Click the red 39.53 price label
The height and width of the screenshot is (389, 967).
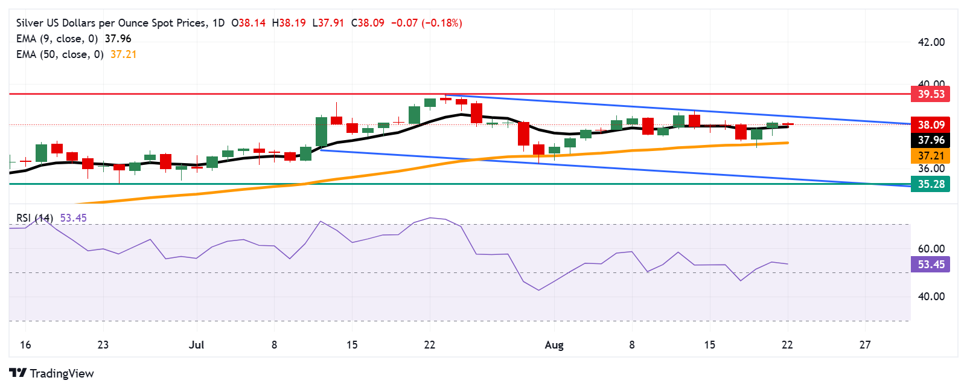(x=931, y=94)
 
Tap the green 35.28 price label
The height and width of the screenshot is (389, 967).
(x=931, y=184)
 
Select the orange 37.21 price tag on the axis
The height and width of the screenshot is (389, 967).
(x=931, y=156)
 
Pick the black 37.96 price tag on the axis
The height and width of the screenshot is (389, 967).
(x=931, y=140)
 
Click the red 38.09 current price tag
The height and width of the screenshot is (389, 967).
(x=931, y=125)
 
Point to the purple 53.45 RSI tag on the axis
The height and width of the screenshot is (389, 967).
(x=931, y=265)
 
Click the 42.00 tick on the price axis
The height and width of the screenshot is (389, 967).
(x=931, y=42)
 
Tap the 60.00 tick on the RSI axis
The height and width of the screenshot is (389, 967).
(x=931, y=249)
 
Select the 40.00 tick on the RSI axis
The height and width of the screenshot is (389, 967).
(x=931, y=297)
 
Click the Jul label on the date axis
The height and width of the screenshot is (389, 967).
(x=196, y=345)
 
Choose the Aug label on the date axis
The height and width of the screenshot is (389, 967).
(x=554, y=345)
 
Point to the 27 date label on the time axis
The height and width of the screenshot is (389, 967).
(x=865, y=345)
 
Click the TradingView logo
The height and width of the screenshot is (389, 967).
(x=52, y=373)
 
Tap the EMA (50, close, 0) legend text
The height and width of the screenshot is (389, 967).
(x=60, y=54)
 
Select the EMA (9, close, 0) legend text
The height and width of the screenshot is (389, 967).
(x=57, y=39)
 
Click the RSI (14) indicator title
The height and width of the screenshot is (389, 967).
(x=34, y=218)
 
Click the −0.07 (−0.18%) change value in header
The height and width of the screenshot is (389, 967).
(x=426, y=23)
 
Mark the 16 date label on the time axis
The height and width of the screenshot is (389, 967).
(x=25, y=345)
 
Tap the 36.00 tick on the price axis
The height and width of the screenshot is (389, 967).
(x=931, y=169)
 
